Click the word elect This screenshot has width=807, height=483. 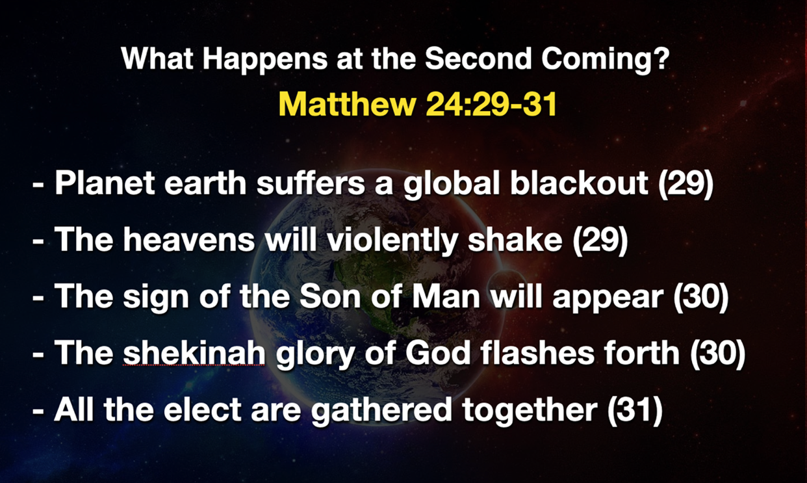[x=211, y=410]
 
